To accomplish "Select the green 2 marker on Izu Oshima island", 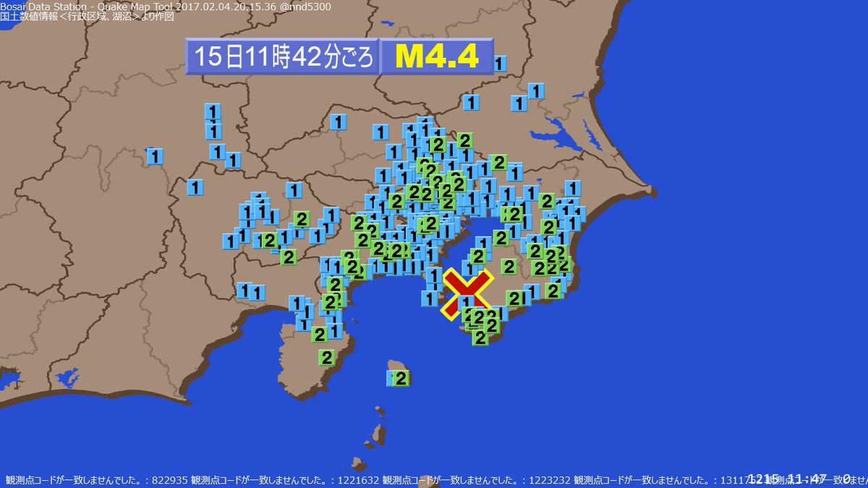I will [x=401, y=378].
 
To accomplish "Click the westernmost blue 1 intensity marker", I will [x=155, y=156].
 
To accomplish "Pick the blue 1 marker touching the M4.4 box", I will [x=499, y=64].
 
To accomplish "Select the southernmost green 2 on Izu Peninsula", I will [x=327, y=357].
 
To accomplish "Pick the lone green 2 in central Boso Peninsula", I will [x=509, y=267].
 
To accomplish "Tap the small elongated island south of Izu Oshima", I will [x=378, y=435].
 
